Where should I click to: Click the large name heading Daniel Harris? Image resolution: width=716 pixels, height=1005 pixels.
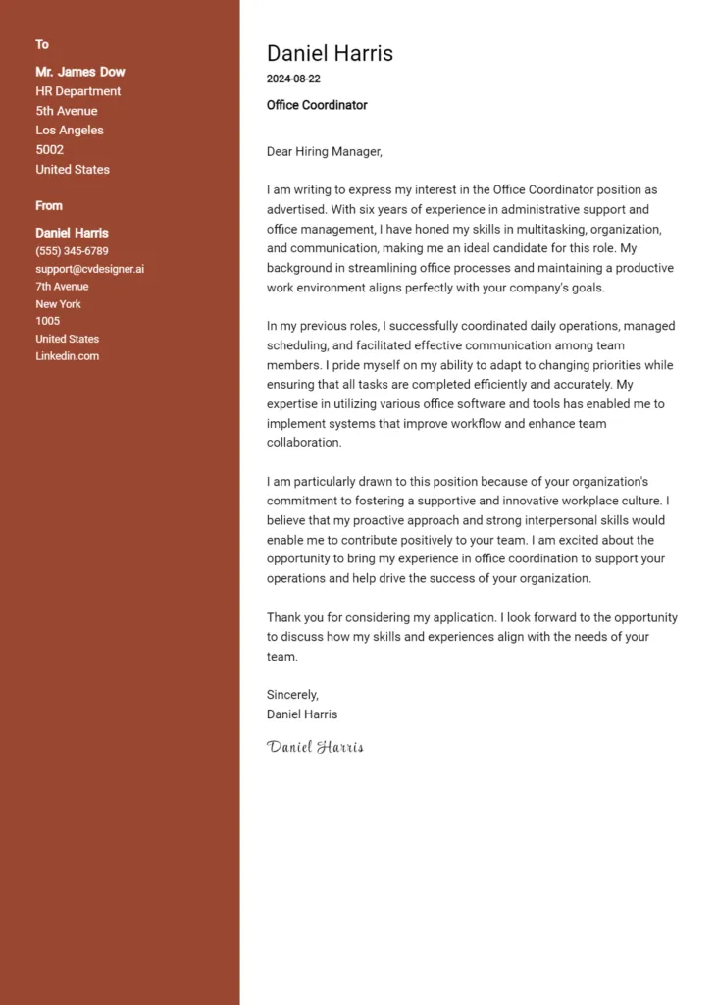tap(330, 53)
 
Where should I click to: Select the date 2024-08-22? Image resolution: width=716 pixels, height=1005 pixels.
tap(293, 79)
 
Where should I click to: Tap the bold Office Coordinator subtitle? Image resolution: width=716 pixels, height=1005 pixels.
tap(317, 105)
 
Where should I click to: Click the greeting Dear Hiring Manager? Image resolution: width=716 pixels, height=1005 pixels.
tap(324, 151)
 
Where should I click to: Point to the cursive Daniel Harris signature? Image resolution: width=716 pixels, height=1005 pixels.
tap(315, 747)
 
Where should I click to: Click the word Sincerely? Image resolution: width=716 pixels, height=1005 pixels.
tap(292, 695)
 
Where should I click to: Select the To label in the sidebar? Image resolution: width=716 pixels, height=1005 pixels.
tap(42, 44)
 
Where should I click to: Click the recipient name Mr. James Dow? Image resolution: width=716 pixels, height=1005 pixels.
tap(80, 72)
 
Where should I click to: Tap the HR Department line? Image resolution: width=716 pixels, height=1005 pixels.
tap(78, 91)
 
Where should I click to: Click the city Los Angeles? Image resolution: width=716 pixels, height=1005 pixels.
tap(70, 131)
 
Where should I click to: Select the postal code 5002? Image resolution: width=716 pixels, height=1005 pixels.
tap(49, 150)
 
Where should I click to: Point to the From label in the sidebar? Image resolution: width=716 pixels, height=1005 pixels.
tap(49, 205)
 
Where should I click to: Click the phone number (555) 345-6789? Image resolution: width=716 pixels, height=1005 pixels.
tap(72, 251)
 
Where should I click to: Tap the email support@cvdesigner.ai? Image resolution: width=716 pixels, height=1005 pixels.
tap(89, 269)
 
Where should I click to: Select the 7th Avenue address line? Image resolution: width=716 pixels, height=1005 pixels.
tap(62, 287)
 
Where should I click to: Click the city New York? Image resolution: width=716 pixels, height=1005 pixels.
tap(58, 304)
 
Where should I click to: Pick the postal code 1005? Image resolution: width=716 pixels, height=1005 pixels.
tap(47, 321)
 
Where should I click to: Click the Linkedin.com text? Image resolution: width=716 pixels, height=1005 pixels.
tap(67, 356)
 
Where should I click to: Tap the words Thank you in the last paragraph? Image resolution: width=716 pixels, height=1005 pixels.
tap(294, 618)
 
